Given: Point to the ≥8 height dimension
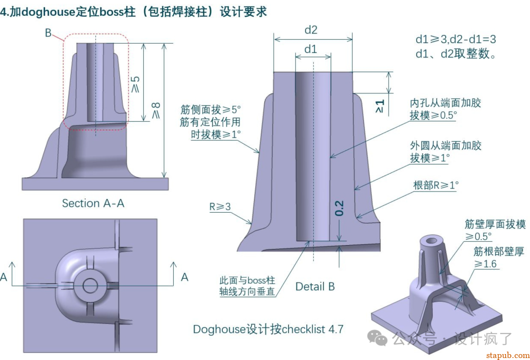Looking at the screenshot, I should pyautogui.click(x=156, y=111).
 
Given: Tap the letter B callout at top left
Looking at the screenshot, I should pyautogui.click(x=48, y=33).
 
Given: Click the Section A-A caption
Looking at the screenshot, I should pyautogui.click(x=93, y=203).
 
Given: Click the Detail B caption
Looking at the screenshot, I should pyautogui.click(x=315, y=286).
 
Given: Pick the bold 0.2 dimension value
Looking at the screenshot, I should pyautogui.click(x=339, y=208).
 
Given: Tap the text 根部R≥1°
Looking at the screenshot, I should pyautogui.click(x=436, y=185).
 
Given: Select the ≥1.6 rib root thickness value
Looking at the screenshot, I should pyautogui.click(x=485, y=264).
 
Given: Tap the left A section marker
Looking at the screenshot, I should pyautogui.click(x=4, y=277).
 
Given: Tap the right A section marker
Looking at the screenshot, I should pyautogui.click(x=185, y=277).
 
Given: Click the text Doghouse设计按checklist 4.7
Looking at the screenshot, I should pyautogui.click(x=268, y=329).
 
